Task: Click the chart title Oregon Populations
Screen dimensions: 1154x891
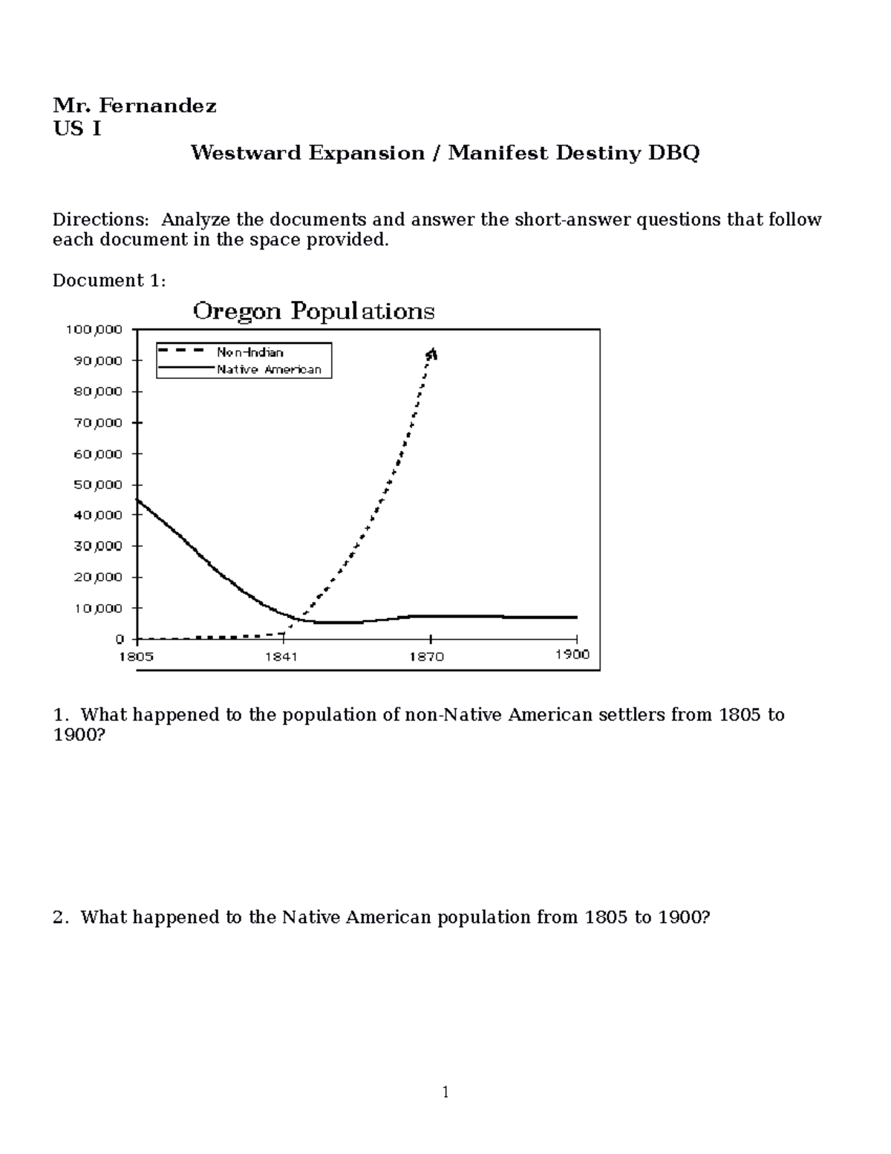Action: pyautogui.click(x=313, y=311)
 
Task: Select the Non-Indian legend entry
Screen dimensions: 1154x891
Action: pyautogui.click(x=249, y=352)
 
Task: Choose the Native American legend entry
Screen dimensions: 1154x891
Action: pyautogui.click(x=269, y=369)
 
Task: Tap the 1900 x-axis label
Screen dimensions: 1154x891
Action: pyautogui.click(x=572, y=654)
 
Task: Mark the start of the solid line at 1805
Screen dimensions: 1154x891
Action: pyautogui.click(x=137, y=499)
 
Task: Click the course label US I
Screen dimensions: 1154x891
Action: pyautogui.click(x=76, y=129)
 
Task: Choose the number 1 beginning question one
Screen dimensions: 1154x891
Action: pyautogui.click(x=59, y=715)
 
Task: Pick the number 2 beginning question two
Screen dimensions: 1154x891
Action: pyautogui.click(x=59, y=917)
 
